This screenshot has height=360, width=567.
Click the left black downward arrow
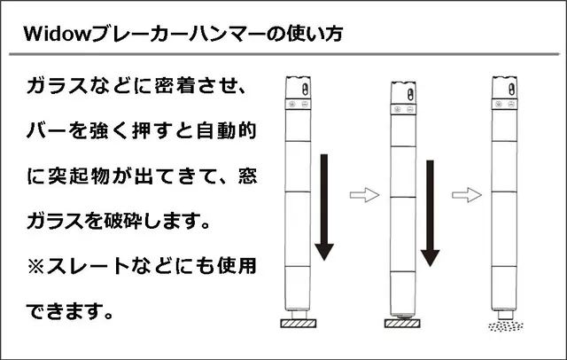[325, 207]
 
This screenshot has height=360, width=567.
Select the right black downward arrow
[431, 213]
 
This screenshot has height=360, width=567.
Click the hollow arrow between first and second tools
[364, 193]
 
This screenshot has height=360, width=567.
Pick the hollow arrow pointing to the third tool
[462, 193]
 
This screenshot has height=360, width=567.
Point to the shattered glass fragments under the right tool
[506, 326]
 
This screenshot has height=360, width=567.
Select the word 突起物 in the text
[84, 176]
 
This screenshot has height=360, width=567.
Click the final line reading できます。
[72, 310]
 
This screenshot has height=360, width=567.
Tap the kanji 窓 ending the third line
[246, 176]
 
